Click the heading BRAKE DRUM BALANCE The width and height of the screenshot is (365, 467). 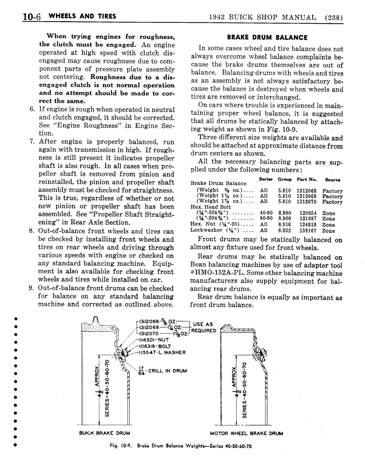click(x=267, y=37)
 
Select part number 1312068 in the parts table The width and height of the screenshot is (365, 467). click(x=306, y=191)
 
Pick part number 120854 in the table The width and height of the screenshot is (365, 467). click(x=308, y=213)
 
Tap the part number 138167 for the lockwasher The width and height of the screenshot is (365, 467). click(x=308, y=230)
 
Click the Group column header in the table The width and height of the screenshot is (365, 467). click(x=284, y=179)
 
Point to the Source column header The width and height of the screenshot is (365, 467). click(x=333, y=180)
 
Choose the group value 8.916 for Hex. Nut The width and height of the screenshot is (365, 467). click(x=284, y=225)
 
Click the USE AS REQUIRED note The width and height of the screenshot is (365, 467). click(x=205, y=328)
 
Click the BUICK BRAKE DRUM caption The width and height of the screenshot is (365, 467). click(x=104, y=433)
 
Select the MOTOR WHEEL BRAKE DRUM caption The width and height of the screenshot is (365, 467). click(x=246, y=433)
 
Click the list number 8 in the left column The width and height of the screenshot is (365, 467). click(x=32, y=231)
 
